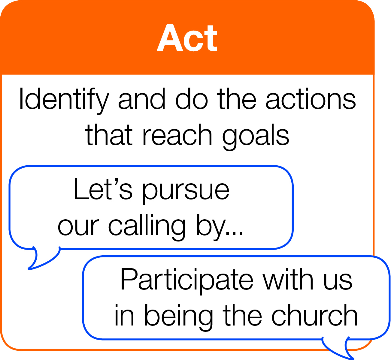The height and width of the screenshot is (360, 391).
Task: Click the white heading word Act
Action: (187, 37)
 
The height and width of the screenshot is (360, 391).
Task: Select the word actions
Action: (311, 99)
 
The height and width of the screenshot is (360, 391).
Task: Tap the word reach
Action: (177, 135)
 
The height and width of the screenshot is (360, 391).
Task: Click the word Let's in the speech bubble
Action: (103, 189)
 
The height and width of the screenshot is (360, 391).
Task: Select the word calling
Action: (147, 227)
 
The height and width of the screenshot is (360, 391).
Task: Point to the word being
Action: (179, 318)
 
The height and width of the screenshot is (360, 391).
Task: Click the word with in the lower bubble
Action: (288, 279)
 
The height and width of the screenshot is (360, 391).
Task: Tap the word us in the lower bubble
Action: (338, 282)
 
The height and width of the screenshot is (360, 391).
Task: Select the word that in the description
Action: (109, 135)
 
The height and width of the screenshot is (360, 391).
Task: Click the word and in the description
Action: (142, 99)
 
